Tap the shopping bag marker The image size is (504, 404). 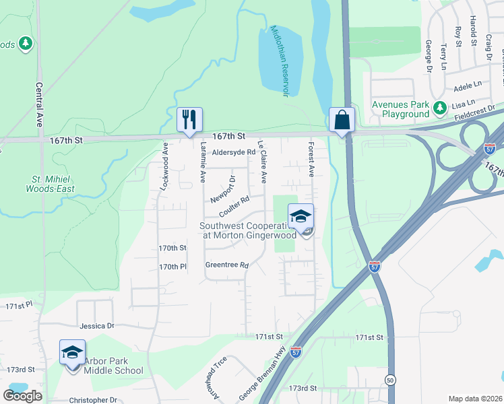(342, 120)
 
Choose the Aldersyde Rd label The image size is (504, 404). (234, 152)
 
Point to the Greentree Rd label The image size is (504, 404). (227, 265)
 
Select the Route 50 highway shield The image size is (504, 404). (390, 380)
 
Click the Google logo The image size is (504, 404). (22, 396)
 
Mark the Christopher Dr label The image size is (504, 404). (94, 400)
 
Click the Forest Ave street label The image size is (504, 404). (311, 160)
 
